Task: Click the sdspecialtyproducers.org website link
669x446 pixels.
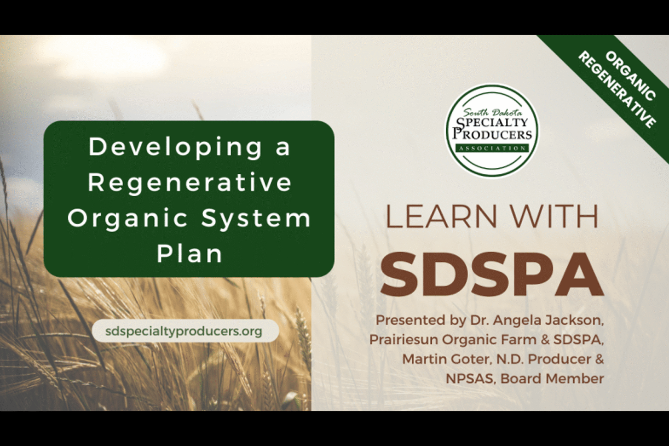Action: click(184, 331)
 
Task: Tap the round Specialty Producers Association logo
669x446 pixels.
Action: click(492, 130)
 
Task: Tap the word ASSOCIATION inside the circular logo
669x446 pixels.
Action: click(492, 148)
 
